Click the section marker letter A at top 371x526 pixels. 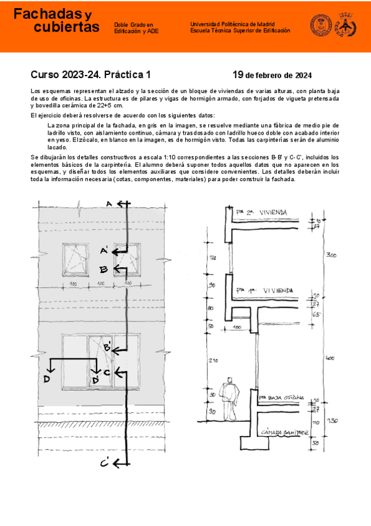pos(109,204)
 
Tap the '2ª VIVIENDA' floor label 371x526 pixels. pos(266,212)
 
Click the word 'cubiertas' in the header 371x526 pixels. pos(66,27)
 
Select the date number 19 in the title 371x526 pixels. pos(238,75)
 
